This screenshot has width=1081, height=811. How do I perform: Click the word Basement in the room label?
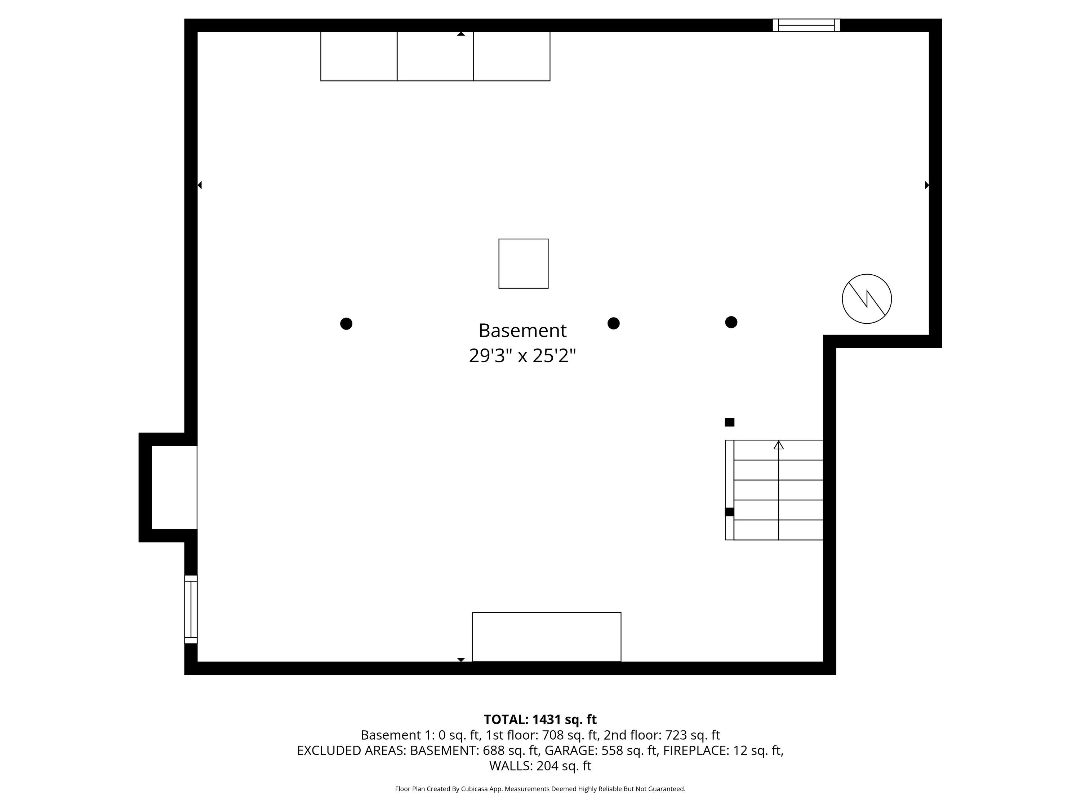[x=522, y=331]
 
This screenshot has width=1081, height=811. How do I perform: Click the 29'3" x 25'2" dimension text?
[x=522, y=355]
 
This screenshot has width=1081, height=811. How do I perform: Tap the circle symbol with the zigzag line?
[x=867, y=299]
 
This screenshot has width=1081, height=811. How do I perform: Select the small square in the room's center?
[x=524, y=263]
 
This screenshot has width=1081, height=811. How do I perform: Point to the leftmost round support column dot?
[x=346, y=324]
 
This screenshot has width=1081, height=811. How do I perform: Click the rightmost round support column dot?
[x=731, y=322]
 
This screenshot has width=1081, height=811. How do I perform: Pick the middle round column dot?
[x=613, y=323]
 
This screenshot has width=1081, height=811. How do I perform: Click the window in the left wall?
[x=191, y=609]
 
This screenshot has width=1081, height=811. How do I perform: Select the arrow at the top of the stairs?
[x=778, y=445]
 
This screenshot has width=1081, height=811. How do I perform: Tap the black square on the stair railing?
[x=729, y=512]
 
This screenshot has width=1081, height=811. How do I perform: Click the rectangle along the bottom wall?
[x=546, y=637]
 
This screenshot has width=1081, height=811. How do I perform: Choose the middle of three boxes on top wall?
[x=435, y=56]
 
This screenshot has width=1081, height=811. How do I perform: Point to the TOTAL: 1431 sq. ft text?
[x=540, y=719]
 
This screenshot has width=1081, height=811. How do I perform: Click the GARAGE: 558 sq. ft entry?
[x=601, y=750]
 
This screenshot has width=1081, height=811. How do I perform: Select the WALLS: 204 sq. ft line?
[x=540, y=766]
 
